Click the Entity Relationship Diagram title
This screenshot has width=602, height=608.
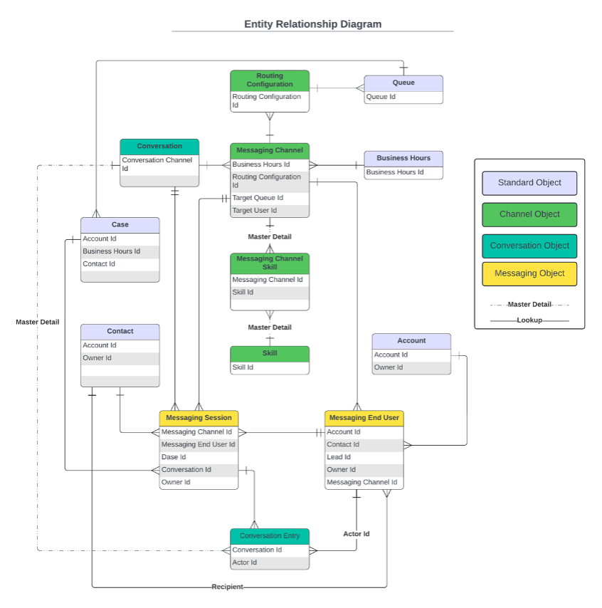coord(312,24)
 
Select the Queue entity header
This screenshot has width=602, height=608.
coord(403,83)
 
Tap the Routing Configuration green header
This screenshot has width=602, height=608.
coord(270,80)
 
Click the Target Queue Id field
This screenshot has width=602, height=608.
coord(258,198)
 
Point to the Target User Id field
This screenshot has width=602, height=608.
coord(255,211)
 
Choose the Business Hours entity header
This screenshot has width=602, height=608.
coord(403,158)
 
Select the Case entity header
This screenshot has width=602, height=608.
coord(120,225)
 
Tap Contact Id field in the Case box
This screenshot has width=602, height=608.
coord(99,264)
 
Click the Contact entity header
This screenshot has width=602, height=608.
coord(120,332)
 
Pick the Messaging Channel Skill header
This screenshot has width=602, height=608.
coord(270,263)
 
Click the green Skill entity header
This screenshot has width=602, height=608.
coord(270,354)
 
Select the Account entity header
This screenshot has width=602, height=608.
coord(411,341)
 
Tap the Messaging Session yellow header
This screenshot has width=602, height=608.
coord(199,418)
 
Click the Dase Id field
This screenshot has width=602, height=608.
coord(174,457)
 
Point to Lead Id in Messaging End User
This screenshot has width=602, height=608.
coord(339,457)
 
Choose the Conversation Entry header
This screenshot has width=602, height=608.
coord(270,536)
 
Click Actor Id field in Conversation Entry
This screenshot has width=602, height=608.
coord(245,562)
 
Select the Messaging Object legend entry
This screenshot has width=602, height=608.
coord(529,273)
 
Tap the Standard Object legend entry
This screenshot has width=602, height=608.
coord(529,183)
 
